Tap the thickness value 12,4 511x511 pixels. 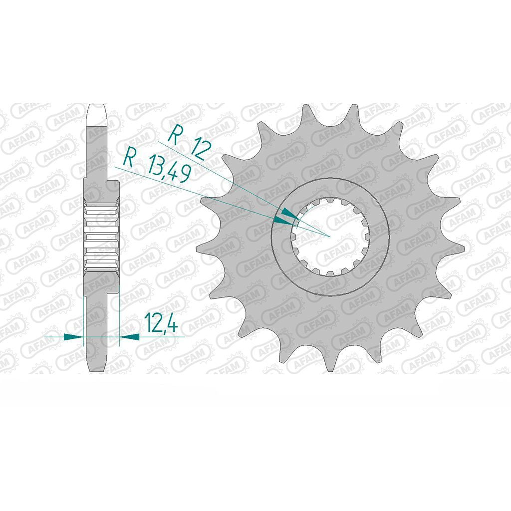tap(161, 322)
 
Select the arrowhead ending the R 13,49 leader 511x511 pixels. tap(283, 221)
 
